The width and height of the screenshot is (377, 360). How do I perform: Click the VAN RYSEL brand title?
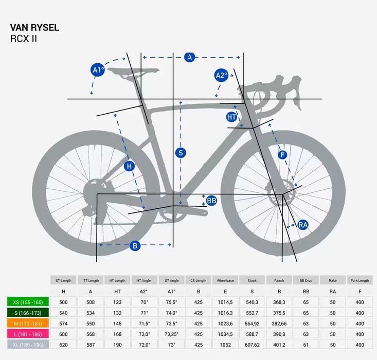click(x=34, y=28)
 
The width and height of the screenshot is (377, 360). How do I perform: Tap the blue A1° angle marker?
click(x=98, y=70)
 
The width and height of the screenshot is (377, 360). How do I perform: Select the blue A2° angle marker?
click(x=221, y=76)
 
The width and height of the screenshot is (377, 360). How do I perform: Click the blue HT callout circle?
click(x=232, y=117)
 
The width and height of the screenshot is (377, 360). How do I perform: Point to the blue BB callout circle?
click(x=212, y=200)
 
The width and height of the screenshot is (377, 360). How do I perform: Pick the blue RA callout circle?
click(x=303, y=225)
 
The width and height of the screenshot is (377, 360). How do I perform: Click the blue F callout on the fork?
click(x=282, y=155)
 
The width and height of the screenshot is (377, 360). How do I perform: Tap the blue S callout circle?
click(x=181, y=153)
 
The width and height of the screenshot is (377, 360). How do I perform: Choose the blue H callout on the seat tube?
click(x=130, y=166)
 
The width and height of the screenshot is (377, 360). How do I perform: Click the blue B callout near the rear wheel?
click(x=135, y=246)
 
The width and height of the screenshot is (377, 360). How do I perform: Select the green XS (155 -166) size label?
click(x=28, y=302)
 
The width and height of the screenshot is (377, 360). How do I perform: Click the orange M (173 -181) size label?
click(x=28, y=323)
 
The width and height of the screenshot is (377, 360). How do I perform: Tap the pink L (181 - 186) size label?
click(x=28, y=334)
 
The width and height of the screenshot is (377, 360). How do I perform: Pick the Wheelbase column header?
click(x=225, y=280)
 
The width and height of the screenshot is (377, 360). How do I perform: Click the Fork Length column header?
click(x=360, y=280)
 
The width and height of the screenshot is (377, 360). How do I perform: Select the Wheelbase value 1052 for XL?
click(x=225, y=345)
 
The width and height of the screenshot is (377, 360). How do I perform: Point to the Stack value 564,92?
click(x=252, y=323)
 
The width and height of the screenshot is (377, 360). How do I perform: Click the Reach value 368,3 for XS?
click(x=279, y=302)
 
